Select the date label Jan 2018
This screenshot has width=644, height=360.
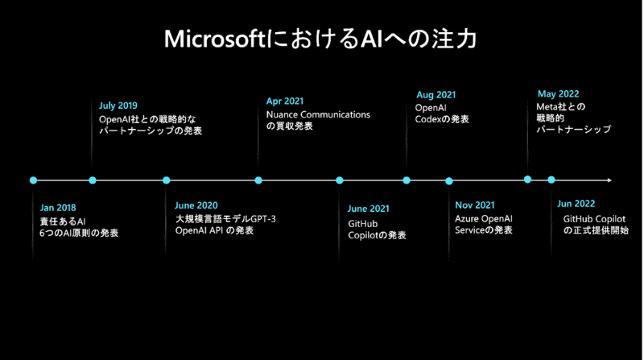tap(58, 208)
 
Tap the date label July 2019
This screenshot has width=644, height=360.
tap(118, 106)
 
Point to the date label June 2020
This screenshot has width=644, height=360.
tap(196, 205)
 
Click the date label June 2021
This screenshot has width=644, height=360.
tap(369, 209)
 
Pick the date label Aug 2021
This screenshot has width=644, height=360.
tap(436, 94)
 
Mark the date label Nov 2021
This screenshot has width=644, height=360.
tap(475, 205)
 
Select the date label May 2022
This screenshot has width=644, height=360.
tap(557, 94)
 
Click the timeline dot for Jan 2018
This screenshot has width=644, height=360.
tap(33, 180)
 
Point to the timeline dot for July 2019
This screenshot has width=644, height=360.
tap(93, 180)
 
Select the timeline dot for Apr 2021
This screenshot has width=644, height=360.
tap(258, 180)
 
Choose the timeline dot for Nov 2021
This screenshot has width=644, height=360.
tap(449, 180)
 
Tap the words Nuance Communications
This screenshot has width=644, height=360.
tap(318, 114)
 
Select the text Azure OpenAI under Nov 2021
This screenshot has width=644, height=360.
tap(484, 218)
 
